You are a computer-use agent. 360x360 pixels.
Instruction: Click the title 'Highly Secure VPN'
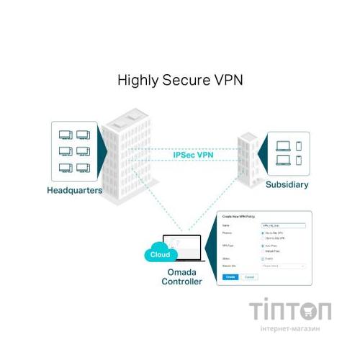coord(180,80)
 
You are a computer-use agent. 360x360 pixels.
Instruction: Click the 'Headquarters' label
coord(74,192)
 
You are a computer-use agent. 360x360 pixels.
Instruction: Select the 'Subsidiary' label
coord(287,185)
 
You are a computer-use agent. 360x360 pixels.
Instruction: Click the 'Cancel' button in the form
coord(250,276)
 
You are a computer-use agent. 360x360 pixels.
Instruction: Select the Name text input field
coord(283,226)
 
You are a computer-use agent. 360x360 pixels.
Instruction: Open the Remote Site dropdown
coord(283,266)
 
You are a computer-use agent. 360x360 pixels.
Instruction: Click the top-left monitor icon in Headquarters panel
coord(65,135)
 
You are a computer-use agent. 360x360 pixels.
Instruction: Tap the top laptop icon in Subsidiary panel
coord(281,145)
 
